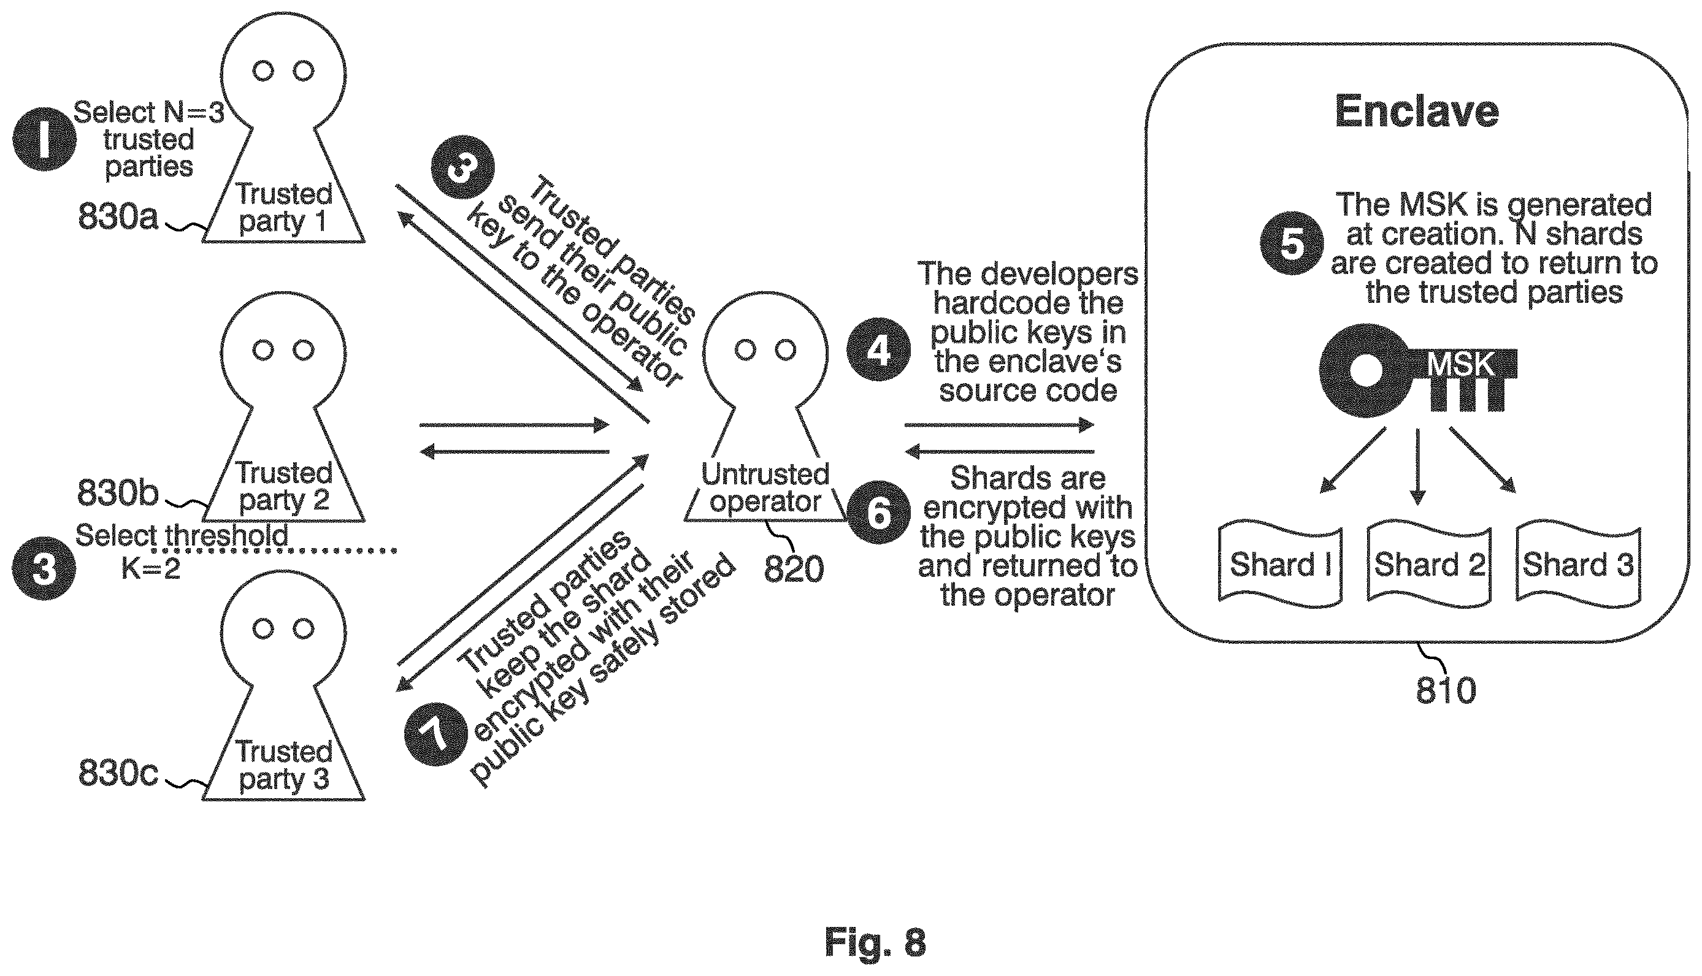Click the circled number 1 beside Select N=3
[x=44, y=139]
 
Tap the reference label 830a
[x=118, y=216]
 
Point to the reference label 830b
[x=118, y=493]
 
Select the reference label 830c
[x=118, y=772]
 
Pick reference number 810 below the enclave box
[x=1446, y=690]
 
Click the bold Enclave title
[x=1416, y=112]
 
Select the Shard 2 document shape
[x=1429, y=564]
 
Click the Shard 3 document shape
[x=1578, y=564]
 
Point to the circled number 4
[x=878, y=349]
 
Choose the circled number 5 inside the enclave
[x=1292, y=243]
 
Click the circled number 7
[x=437, y=733]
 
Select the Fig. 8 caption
[x=875, y=942]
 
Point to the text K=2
[x=151, y=568]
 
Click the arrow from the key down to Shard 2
[x=1417, y=467]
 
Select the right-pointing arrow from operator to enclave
[x=999, y=424]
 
